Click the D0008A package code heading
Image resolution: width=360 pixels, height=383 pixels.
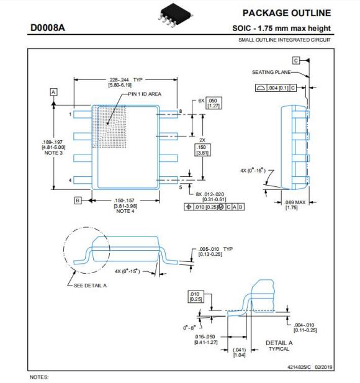point(48,27)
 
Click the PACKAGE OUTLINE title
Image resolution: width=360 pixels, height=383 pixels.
point(287,13)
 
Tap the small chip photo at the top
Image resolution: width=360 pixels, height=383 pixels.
point(175,15)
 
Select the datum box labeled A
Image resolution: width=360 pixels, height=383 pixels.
point(53,92)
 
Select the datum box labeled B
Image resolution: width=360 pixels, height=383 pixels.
point(78,201)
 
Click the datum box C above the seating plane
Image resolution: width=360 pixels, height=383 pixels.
point(296,60)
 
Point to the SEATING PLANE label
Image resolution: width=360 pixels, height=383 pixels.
point(271,72)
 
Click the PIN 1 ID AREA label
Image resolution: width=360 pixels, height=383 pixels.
point(145,94)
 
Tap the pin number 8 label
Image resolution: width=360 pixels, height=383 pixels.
point(181,111)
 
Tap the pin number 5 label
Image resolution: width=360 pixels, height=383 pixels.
point(181,187)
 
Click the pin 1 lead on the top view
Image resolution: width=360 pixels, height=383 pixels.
point(83,114)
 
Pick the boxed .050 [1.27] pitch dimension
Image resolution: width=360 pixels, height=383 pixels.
point(214,103)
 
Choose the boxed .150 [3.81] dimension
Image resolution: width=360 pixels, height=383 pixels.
point(202,150)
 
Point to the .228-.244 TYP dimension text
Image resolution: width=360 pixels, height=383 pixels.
point(125,80)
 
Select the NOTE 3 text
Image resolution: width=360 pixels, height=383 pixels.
point(53,153)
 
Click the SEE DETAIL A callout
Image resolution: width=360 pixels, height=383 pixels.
point(90,286)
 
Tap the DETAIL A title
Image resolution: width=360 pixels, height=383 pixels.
point(279,343)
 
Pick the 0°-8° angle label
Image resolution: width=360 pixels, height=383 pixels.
point(189,328)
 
